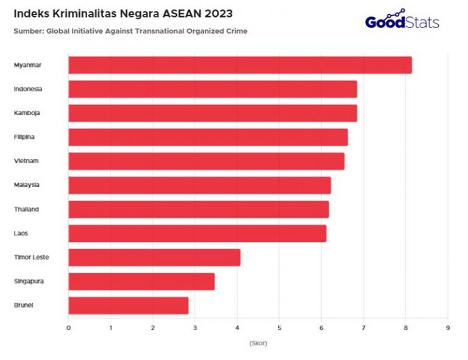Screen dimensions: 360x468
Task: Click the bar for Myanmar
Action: click(x=239, y=65)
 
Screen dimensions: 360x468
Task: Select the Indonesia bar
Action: click(x=212, y=89)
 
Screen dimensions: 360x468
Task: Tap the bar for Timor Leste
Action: click(x=154, y=257)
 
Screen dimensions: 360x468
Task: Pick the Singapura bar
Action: click(x=141, y=281)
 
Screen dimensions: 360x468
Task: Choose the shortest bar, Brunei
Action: click(x=128, y=305)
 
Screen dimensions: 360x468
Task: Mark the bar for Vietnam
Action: click(x=206, y=161)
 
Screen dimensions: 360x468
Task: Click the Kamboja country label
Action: click(x=27, y=113)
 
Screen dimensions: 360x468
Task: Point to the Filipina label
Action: click(x=24, y=137)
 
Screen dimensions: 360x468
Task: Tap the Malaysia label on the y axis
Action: click(x=27, y=185)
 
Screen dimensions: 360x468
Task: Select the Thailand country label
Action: click(x=27, y=209)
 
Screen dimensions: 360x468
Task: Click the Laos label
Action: click(x=21, y=233)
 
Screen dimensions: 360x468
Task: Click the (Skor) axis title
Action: click(x=258, y=343)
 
